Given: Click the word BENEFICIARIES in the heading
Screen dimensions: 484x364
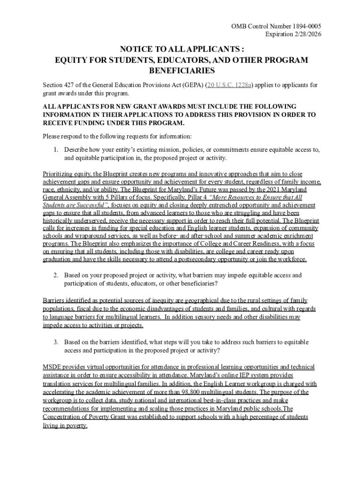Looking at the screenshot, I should (182, 71).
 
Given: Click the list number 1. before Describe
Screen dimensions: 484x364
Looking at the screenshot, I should (55, 150).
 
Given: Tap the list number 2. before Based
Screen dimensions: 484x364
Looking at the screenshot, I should (55, 275).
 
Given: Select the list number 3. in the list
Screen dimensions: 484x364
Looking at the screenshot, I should (55, 342).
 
